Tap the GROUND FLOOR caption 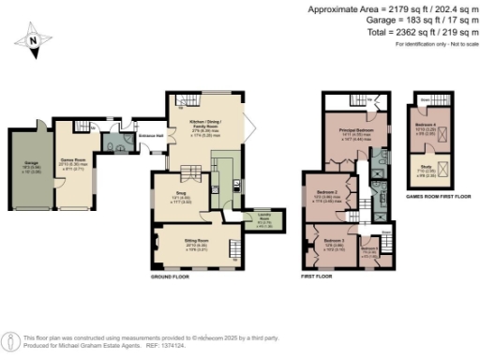172,278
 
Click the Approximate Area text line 393,8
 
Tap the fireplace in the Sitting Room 150,246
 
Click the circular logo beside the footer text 9,339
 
